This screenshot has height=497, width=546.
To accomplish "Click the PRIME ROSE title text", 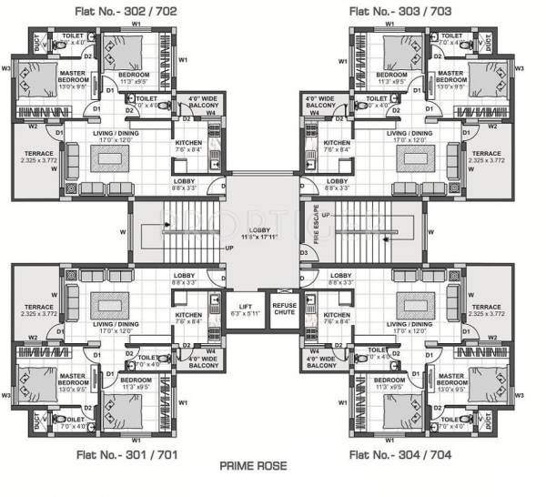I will pos(253,465).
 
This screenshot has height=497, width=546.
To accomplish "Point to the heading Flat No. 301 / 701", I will pos(113,453).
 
